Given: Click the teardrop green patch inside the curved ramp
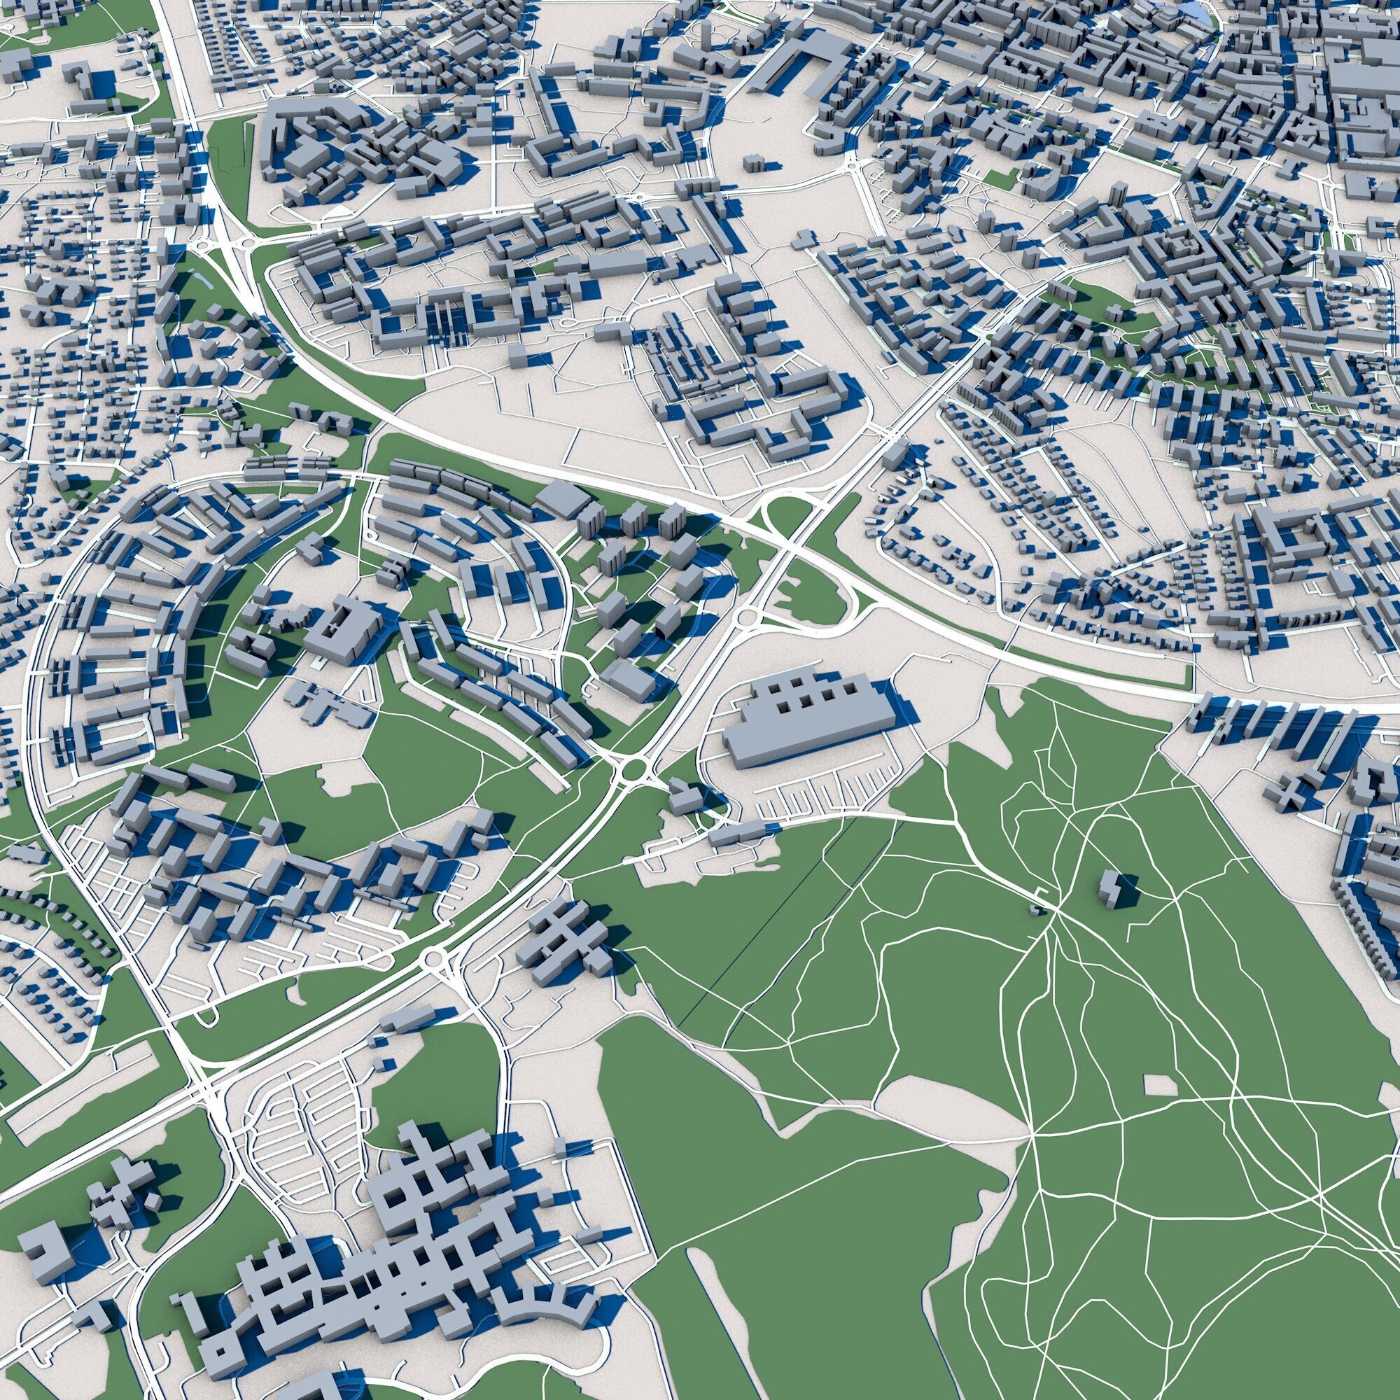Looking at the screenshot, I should pos(808,587).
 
